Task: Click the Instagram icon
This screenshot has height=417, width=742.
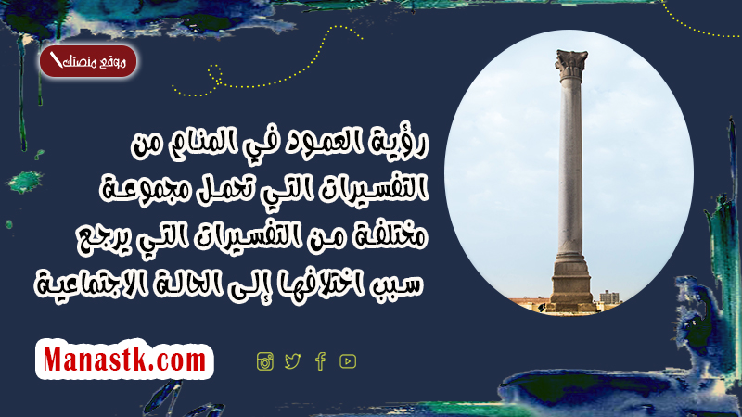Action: click(265, 361)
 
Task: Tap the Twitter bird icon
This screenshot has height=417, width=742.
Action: click(292, 361)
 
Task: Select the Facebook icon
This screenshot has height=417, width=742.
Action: click(320, 361)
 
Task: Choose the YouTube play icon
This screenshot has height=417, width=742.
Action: click(348, 361)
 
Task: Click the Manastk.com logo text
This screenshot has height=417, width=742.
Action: click(124, 360)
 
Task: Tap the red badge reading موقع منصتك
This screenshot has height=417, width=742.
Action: click(88, 61)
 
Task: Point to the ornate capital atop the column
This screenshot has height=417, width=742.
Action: click(571, 65)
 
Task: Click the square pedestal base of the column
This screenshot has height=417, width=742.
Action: click(570, 284)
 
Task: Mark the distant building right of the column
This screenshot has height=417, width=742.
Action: click(609, 297)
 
